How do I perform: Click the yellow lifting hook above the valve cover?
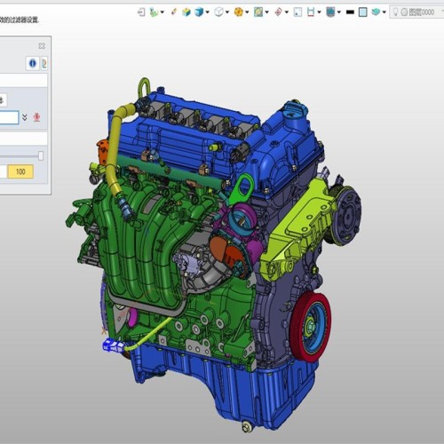pyautogui.click(x=142, y=89)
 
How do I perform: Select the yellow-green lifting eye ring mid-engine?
pyautogui.click(x=241, y=186)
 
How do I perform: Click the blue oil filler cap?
pyautogui.click(x=292, y=113)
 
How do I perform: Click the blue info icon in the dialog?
pyautogui.click(x=32, y=64)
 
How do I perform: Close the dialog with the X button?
pyautogui.click(x=42, y=45)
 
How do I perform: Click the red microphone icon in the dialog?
pyautogui.click(x=37, y=117)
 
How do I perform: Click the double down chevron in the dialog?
pyautogui.click(x=25, y=117)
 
